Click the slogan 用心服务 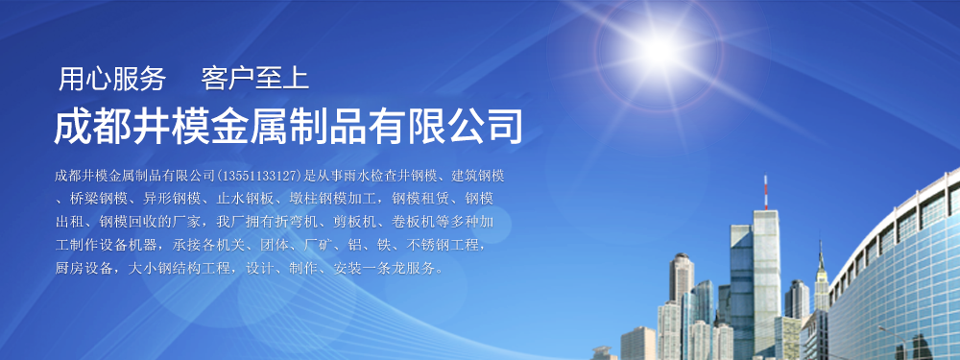(x=112, y=80)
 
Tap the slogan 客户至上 (x=255, y=80)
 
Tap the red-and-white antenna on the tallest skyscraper (x=765, y=192)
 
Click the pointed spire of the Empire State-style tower (x=821, y=254)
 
